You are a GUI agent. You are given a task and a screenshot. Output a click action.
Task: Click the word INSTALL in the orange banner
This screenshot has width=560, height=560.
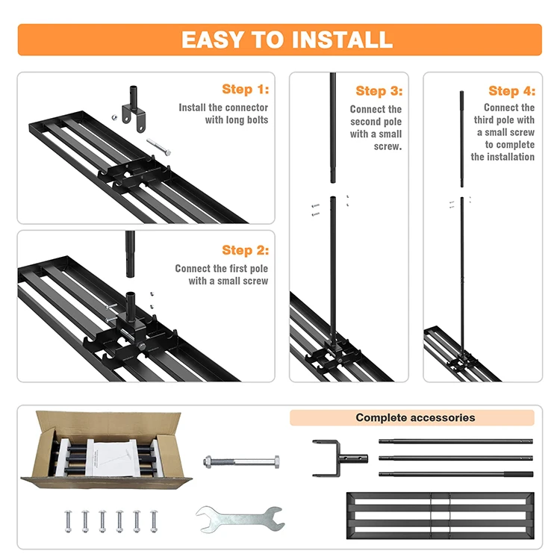click(x=342, y=40)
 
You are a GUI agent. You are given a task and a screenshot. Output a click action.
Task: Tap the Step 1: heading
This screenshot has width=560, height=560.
click(x=246, y=89)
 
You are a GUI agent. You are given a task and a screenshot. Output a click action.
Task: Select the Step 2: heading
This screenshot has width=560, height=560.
click(x=246, y=250)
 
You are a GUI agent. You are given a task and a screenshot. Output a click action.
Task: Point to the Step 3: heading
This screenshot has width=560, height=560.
click(x=379, y=90)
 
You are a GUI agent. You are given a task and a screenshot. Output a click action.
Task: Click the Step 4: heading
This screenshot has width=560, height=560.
click(x=511, y=90)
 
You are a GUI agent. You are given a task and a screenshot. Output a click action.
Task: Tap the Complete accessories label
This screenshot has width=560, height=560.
click(x=415, y=417)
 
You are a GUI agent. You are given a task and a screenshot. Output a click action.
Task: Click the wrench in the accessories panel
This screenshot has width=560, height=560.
click(x=240, y=519)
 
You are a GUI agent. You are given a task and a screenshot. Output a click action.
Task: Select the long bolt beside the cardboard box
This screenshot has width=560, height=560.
click(x=241, y=461)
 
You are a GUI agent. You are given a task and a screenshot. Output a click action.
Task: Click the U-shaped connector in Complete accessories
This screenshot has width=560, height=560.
click(x=339, y=458)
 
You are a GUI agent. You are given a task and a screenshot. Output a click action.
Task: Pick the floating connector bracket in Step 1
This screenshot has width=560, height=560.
click(x=134, y=108)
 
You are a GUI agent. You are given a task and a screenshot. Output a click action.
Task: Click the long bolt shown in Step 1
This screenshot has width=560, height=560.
click(x=158, y=147)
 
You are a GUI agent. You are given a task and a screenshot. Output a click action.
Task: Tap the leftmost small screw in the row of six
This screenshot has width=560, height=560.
click(x=68, y=521)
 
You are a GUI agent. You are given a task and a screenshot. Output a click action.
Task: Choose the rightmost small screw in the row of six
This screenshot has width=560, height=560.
click(x=154, y=521)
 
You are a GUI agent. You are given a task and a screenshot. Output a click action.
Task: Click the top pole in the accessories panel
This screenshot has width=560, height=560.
click(x=455, y=442)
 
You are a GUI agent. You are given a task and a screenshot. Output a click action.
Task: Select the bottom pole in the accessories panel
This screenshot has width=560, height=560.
click(x=455, y=474)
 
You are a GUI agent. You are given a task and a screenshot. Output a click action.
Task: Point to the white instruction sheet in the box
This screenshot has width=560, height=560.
click(x=109, y=459)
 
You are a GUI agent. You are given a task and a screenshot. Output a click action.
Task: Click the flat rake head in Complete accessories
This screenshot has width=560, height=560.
click(x=441, y=515)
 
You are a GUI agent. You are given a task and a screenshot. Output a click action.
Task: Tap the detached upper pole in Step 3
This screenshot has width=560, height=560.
click(x=332, y=128)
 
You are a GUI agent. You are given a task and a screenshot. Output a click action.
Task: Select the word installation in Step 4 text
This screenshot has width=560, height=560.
click(x=511, y=157)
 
